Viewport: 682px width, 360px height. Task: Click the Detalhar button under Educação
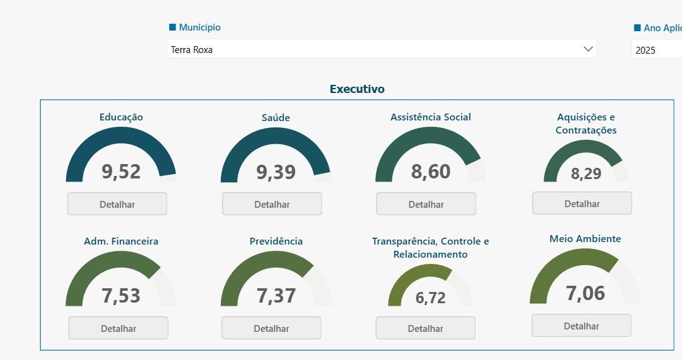pyautogui.click(x=117, y=204)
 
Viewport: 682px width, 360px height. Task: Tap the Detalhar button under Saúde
pyautogui.click(x=272, y=204)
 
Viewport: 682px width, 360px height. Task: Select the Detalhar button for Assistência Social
pyautogui.click(x=426, y=204)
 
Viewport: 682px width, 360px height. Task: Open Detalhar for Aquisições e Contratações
pyautogui.click(x=582, y=203)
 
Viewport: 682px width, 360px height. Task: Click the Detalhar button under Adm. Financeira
pyautogui.click(x=119, y=328)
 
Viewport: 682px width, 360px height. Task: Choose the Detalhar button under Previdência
pyautogui.click(x=271, y=328)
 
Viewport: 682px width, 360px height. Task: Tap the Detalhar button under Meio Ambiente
pyautogui.click(x=581, y=326)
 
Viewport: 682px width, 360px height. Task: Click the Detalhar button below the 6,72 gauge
pyautogui.click(x=426, y=328)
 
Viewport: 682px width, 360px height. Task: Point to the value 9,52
pyautogui.click(x=121, y=172)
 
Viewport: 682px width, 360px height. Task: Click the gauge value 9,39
pyautogui.click(x=276, y=172)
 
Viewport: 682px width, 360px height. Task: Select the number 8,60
pyautogui.click(x=431, y=172)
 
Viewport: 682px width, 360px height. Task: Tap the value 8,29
pyautogui.click(x=586, y=173)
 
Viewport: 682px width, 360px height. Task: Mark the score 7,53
pyautogui.click(x=121, y=296)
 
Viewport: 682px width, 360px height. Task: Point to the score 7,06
pyautogui.click(x=585, y=293)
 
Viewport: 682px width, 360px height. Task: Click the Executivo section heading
pyautogui.click(x=357, y=89)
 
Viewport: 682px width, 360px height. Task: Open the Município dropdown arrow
pyautogui.click(x=588, y=49)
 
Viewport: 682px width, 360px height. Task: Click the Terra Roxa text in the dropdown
pyautogui.click(x=192, y=49)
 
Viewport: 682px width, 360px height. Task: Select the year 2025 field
pyautogui.click(x=656, y=49)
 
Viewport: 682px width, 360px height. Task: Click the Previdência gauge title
pyautogui.click(x=276, y=241)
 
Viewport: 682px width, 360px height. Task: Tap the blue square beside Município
pyautogui.click(x=172, y=27)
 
